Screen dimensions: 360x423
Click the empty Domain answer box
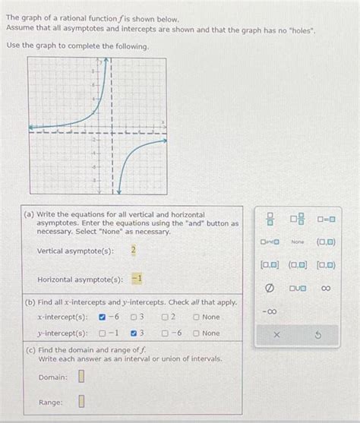point(81,377)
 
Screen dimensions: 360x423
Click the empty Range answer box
point(81,402)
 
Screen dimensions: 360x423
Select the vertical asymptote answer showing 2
point(134,251)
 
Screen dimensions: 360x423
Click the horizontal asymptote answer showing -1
point(137,279)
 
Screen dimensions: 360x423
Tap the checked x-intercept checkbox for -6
point(103,317)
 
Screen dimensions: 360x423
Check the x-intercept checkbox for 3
point(134,317)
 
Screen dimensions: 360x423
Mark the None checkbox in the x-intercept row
point(197,317)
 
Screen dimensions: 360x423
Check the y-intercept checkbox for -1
point(103,333)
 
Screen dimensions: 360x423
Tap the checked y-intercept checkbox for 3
point(134,333)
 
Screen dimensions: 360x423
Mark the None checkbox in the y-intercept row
point(197,333)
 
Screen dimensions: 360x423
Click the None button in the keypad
point(298,242)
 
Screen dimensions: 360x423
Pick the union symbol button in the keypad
point(298,289)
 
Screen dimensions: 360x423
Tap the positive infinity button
point(326,289)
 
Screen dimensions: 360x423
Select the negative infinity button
point(270,312)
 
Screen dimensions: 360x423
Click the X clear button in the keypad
point(276,335)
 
